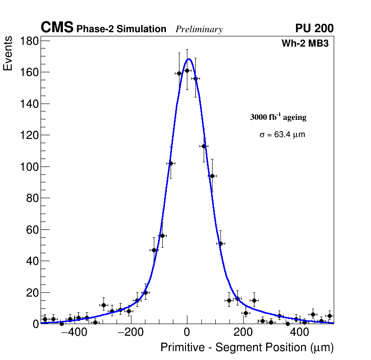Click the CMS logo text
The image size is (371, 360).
point(57,28)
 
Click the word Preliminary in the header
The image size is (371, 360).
point(199,29)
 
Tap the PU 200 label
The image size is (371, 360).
point(314,28)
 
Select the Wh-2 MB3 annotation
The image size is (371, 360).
point(305,44)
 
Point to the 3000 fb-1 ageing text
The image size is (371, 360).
point(278,118)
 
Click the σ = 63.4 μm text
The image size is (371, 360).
point(282,135)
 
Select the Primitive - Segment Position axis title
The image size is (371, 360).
point(247,347)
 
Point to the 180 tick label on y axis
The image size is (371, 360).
point(29,41)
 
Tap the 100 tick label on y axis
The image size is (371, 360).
point(29,167)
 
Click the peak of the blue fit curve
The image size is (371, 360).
point(189,59)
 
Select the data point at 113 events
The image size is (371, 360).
point(204,146)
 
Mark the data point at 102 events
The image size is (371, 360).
point(171,163)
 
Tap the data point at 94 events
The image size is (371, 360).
point(212,176)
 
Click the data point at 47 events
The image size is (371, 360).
point(154,250)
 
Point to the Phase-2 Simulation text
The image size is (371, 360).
point(121,29)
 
